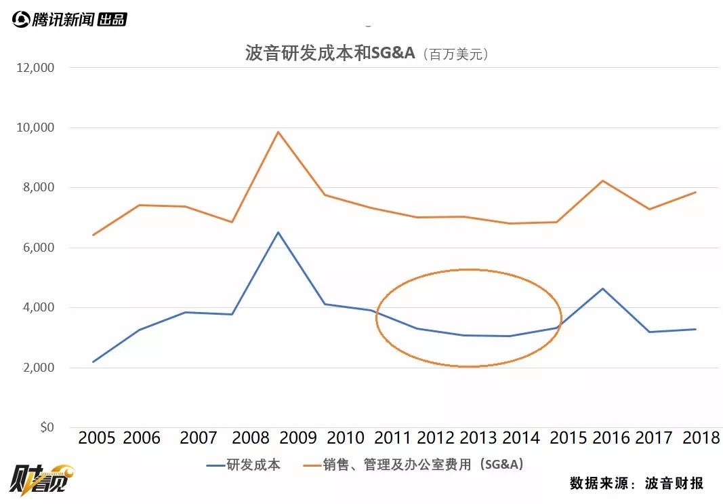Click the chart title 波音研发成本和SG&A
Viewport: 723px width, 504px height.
click(329, 54)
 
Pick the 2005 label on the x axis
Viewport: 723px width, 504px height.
click(97, 438)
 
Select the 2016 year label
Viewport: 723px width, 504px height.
click(611, 438)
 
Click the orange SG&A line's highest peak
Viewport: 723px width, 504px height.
click(277, 132)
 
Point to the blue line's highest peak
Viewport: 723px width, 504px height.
click(277, 232)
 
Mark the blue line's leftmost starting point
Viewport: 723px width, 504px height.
click(93, 362)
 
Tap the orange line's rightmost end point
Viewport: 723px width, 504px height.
click(695, 192)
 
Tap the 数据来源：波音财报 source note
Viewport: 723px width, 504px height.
click(636, 483)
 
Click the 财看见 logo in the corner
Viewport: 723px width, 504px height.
click(40, 480)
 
